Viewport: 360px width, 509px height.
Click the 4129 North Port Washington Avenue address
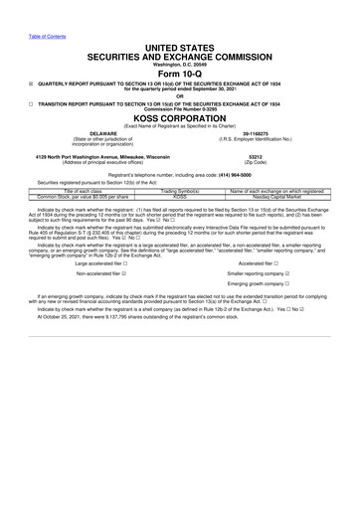click(x=97, y=156)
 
